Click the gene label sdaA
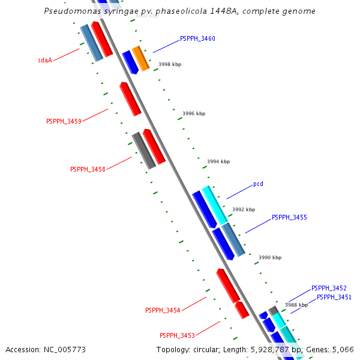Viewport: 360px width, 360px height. (45, 61)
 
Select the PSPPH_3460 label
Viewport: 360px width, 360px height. (197, 39)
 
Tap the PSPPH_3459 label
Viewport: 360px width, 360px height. (64, 121)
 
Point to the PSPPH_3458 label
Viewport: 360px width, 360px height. (88, 169)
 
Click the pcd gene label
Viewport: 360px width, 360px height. (258, 184)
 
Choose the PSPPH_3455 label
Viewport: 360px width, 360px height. (289, 217)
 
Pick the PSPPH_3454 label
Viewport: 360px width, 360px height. (163, 310)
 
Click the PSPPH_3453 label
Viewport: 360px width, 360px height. (177, 335)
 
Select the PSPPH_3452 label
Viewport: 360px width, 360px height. (329, 289)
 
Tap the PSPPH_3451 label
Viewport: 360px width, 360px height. (334, 297)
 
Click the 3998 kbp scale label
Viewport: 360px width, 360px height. (170, 64)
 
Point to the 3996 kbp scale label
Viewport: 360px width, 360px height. (194, 113)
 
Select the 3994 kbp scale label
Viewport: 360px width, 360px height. (218, 161)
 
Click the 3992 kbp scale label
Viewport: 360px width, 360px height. (244, 209)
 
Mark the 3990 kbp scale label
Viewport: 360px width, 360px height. (270, 257)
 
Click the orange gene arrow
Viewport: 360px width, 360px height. (140, 58)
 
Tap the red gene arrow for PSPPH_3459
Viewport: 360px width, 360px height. (130, 99)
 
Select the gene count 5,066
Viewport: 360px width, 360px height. (343, 349)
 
